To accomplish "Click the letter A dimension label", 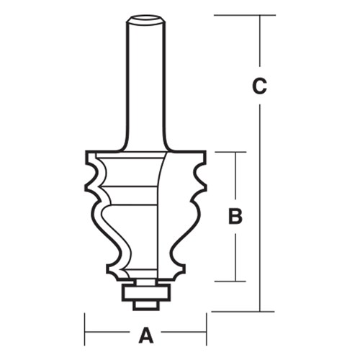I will pyautogui.click(x=146, y=334).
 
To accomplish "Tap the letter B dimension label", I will pyautogui.click(x=235, y=215).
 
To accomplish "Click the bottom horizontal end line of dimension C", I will pyautogui.click(x=245, y=311).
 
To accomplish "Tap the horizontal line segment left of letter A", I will pyautogui.click(x=108, y=335).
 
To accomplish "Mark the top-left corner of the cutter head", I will pyautogui.click(x=86, y=152).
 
